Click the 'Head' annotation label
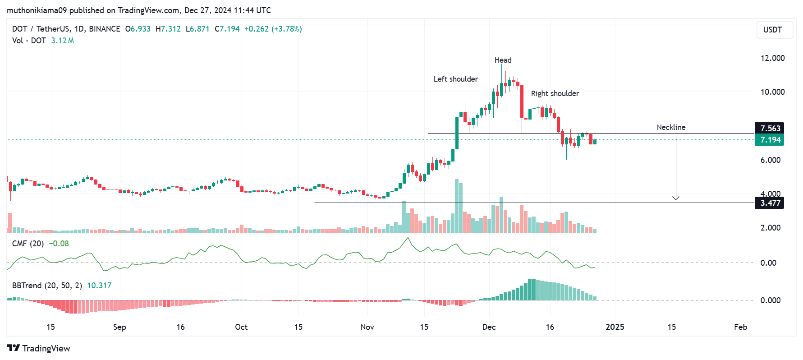pyautogui.click(x=503, y=60)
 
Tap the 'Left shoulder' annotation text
pyautogui.click(x=455, y=79)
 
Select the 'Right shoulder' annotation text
pyautogui.click(x=555, y=93)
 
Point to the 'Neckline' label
pyautogui.click(x=671, y=127)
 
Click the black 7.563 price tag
pyautogui.click(x=770, y=128)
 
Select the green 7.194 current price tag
pyautogui.click(x=770, y=140)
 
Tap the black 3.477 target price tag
pyautogui.click(x=770, y=203)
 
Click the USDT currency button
pyautogui.click(x=772, y=30)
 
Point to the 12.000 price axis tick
pyautogui.click(x=772, y=58)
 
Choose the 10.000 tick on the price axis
pyautogui.click(x=772, y=92)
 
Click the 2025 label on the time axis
pyautogui.click(x=615, y=327)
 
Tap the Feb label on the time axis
pyautogui.click(x=740, y=327)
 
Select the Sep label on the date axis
pyautogui.click(x=119, y=327)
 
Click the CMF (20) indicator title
pyautogui.click(x=28, y=244)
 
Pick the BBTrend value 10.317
pyautogui.click(x=99, y=286)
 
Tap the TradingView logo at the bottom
pyautogui.click(x=39, y=348)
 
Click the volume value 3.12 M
pyautogui.click(x=62, y=41)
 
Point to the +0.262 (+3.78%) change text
pyautogui.click(x=273, y=29)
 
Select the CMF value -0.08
pyautogui.click(x=59, y=244)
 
